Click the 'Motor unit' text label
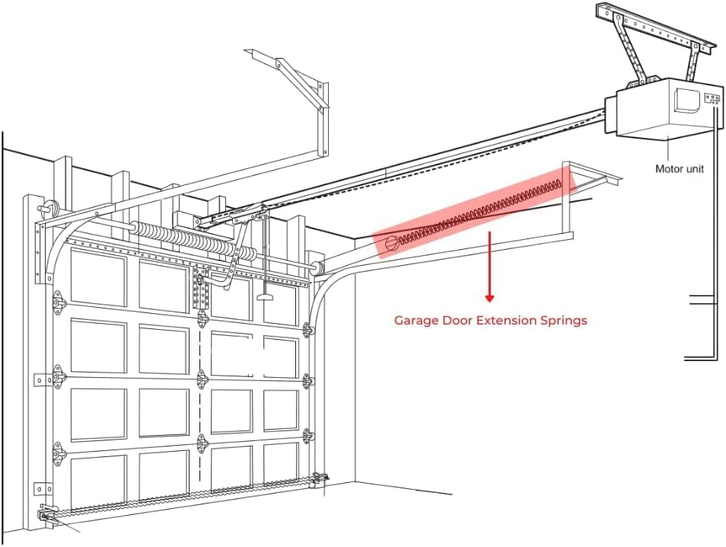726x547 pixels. point(680,168)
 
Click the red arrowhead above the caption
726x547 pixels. point(489,298)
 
